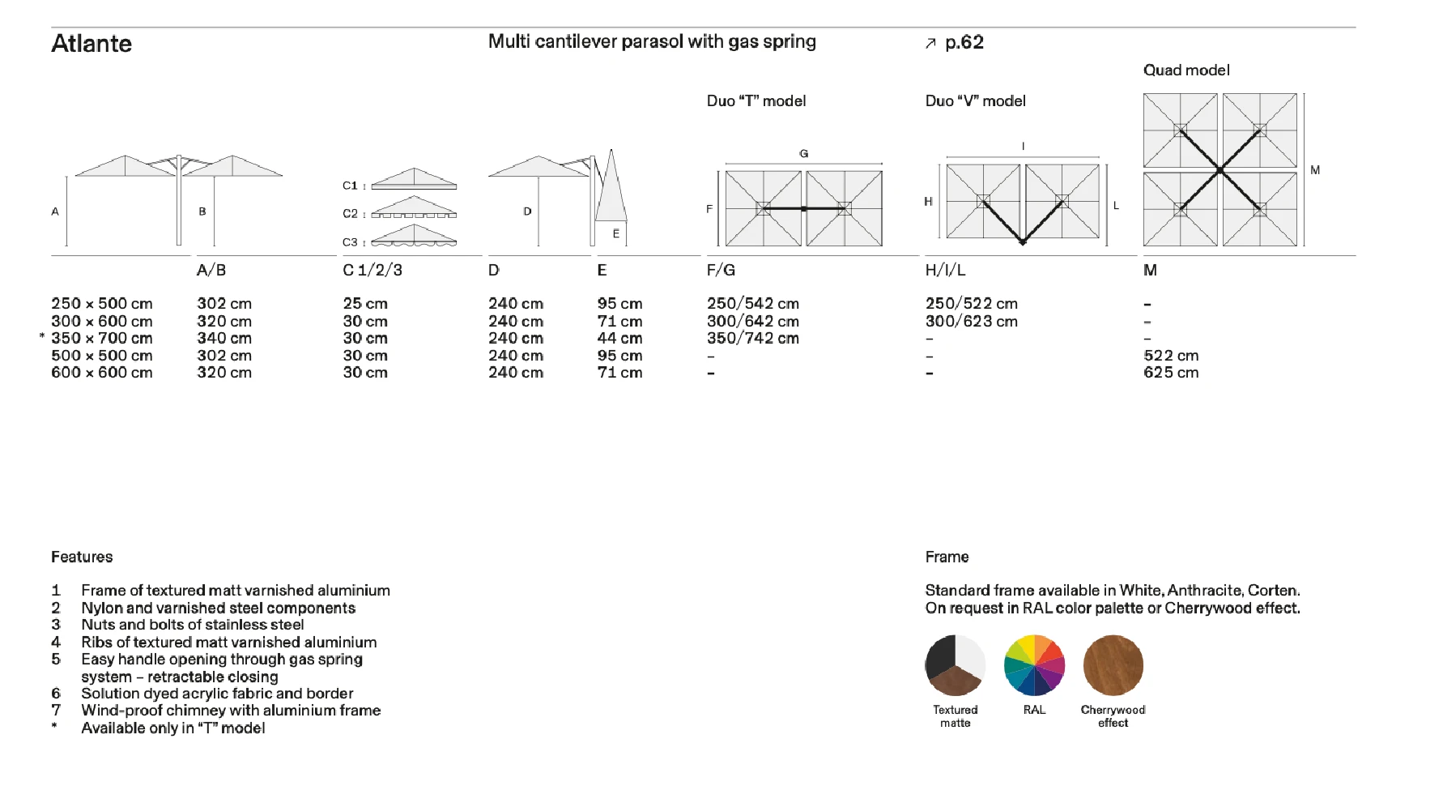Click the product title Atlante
click(x=92, y=44)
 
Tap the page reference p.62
click(x=964, y=43)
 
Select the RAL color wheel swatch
click(x=1034, y=665)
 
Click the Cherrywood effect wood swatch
click(x=1113, y=665)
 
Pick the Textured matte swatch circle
click(x=956, y=665)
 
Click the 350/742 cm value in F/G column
click(x=753, y=339)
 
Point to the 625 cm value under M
click(x=1171, y=373)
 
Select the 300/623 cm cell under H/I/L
click(x=972, y=322)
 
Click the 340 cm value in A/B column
click(x=224, y=339)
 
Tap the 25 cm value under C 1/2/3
click(x=365, y=304)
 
